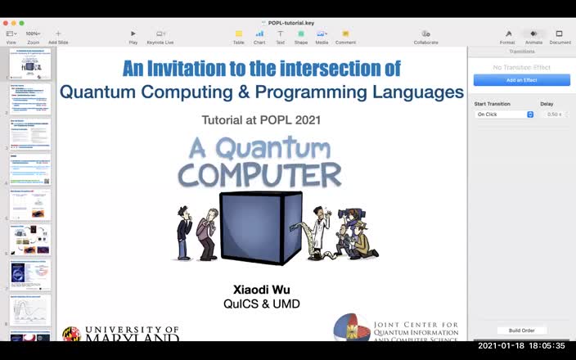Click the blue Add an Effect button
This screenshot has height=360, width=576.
tap(521, 80)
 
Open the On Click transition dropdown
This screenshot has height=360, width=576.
tap(505, 115)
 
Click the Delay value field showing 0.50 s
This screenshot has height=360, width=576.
tap(553, 115)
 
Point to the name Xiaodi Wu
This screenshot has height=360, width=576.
tap(262, 290)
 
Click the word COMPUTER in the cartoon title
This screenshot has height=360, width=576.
tap(259, 175)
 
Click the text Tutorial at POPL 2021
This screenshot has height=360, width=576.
tap(261, 120)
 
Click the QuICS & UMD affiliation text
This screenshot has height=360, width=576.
tap(262, 304)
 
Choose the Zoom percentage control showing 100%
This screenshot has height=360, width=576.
tap(34, 34)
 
